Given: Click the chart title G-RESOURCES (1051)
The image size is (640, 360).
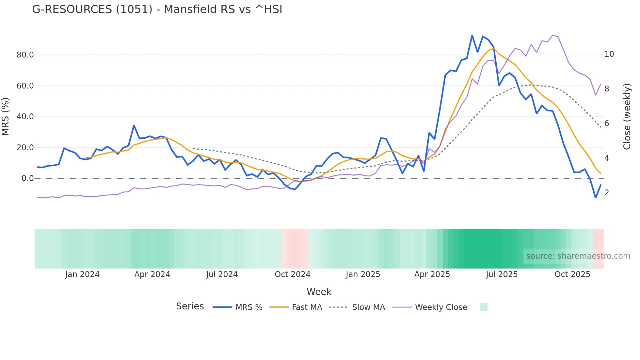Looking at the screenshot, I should (x=157, y=9).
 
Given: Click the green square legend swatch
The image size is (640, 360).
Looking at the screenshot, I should (x=483, y=307).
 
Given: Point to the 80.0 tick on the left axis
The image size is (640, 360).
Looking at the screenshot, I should (x=25, y=55).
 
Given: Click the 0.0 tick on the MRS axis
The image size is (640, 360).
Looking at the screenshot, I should (x=28, y=178).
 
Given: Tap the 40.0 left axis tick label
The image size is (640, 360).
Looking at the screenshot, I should (x=25, y=117).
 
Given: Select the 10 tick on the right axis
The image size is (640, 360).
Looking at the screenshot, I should (x=609, y=54).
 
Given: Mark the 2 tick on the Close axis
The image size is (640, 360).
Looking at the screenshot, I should (x=607, y=193).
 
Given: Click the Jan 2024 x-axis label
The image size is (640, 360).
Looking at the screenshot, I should (x=82, y=274).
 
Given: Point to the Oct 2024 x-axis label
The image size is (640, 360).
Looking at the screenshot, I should (x=293, y=274).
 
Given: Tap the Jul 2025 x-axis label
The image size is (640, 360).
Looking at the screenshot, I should (x=502, y=274).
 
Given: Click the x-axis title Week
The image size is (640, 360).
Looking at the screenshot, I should (x=319, y=292).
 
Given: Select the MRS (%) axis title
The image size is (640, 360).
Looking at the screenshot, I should (x=6, y=117).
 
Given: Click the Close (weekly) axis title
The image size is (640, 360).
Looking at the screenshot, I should (x=627, y=117).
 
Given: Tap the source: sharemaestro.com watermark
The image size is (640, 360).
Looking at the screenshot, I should (x=578, y=256).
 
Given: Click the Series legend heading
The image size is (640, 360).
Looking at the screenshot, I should (x=190, y=306).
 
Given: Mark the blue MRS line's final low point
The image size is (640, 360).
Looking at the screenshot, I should (x=596, y=198).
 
